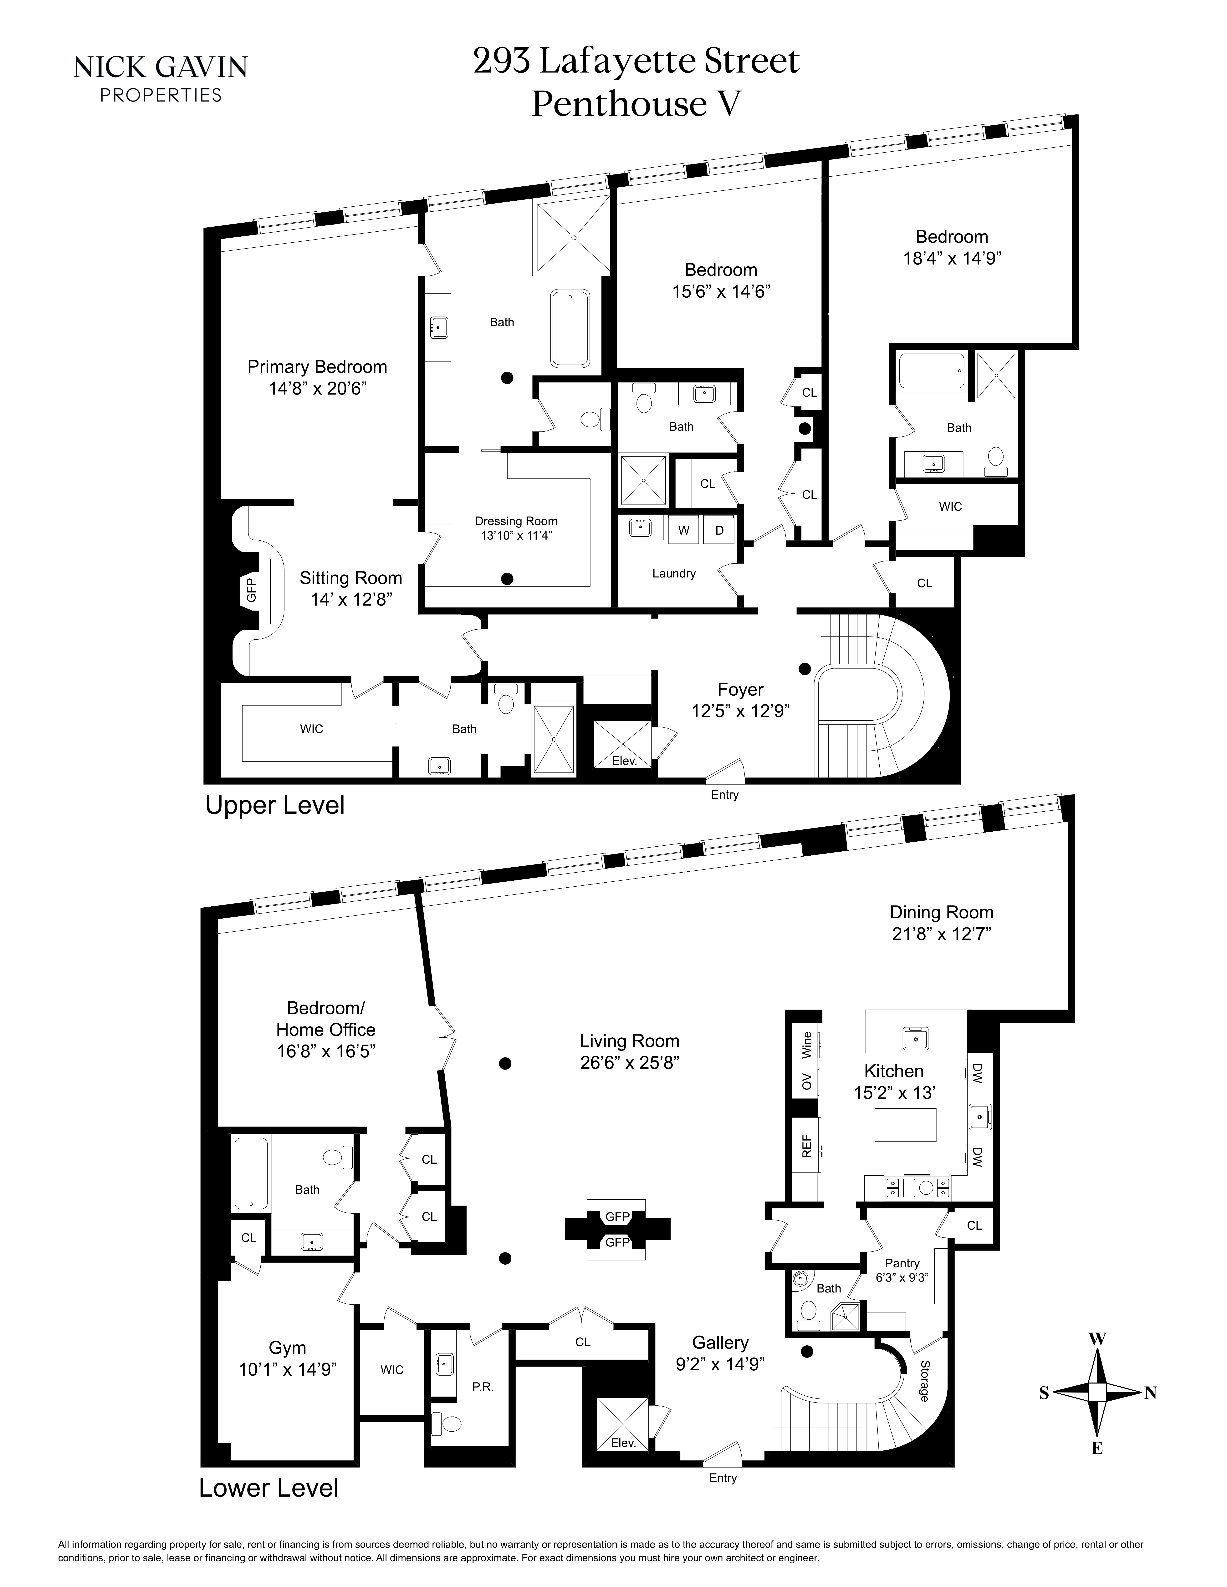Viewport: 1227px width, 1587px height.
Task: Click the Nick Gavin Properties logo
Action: click(161, 78)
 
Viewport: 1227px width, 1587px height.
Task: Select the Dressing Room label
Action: click(516, 521)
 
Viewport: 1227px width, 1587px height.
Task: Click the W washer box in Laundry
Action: click(683, 531)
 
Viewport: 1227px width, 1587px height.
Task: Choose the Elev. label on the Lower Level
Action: click(623, 1443)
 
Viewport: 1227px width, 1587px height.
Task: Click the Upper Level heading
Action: click(275, 805)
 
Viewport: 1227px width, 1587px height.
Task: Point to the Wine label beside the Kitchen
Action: click(806, 1045)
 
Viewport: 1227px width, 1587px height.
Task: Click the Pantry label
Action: click(902, 1263)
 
